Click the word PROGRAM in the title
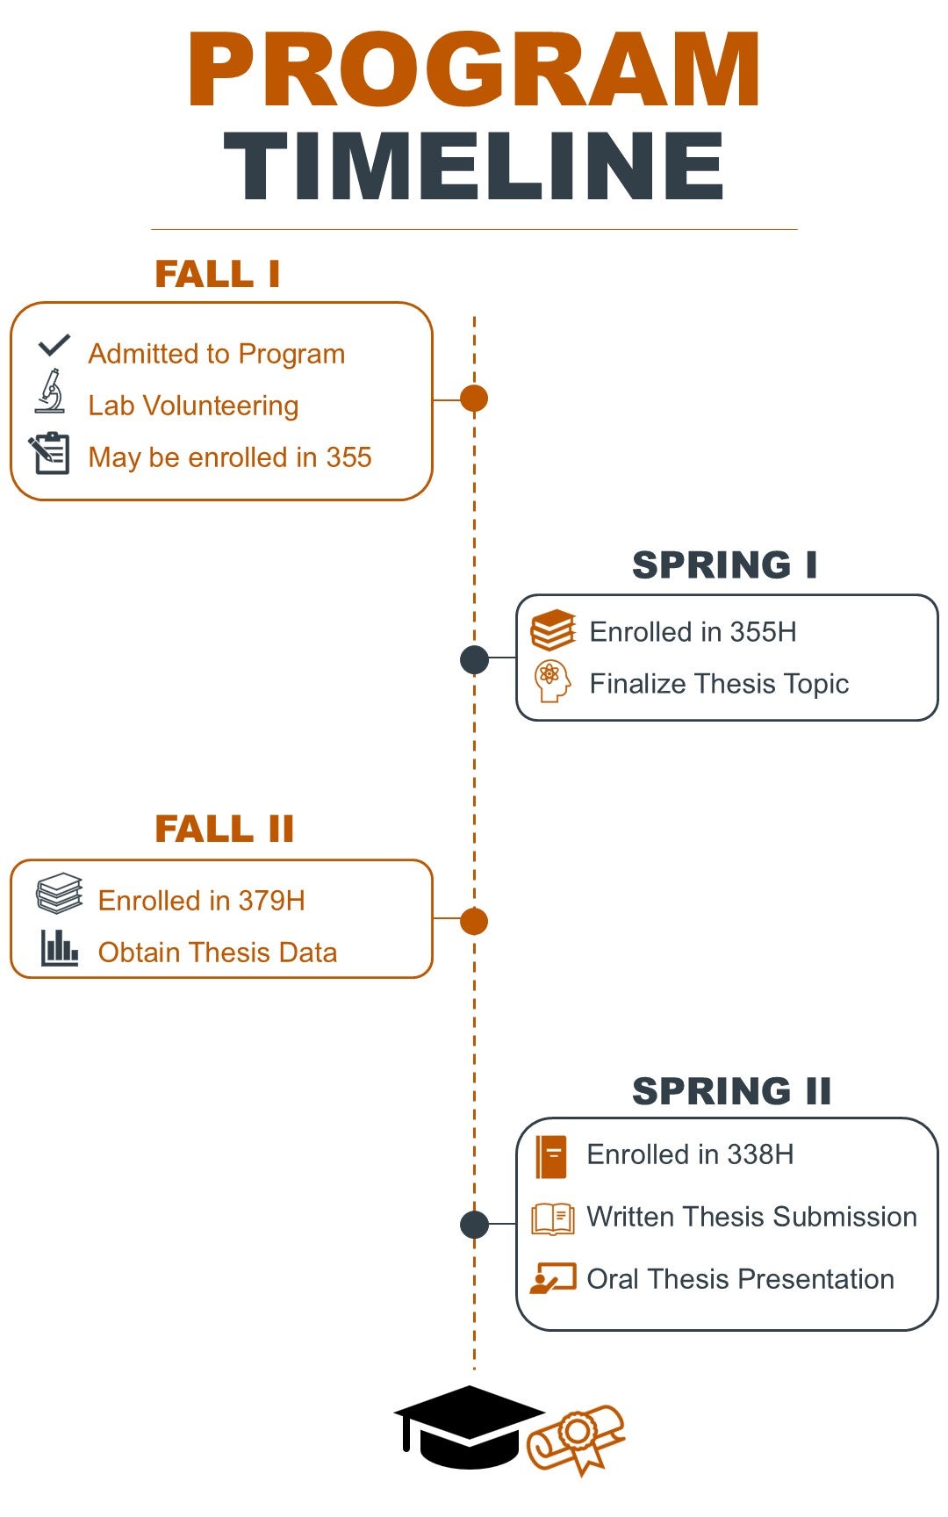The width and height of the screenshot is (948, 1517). (474, 70)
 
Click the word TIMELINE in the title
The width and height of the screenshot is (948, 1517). (474, 167)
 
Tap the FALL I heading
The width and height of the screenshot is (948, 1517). (218, 274)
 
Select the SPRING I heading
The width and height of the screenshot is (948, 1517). (725, 564)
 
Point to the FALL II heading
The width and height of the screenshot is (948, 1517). (225, 829)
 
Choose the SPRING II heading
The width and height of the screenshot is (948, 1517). (731, 1091)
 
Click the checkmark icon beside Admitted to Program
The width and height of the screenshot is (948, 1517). (54, 345)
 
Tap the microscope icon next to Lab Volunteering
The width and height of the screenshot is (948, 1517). (51, 392)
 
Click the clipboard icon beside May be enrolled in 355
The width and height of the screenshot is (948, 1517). (50, 453)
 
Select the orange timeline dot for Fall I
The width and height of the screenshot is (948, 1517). (474, 399)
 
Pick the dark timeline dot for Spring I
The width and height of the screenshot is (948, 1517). (474, 659)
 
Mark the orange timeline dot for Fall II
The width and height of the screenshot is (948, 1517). (474, 922)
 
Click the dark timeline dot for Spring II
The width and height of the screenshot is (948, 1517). (474, 1224)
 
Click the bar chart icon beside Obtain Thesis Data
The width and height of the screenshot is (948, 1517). (60, 948)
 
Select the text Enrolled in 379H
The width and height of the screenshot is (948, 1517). (202, 901)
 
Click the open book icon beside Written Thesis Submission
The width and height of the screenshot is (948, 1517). (553, 1219)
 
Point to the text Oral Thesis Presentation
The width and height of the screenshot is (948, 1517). (740, 1279)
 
